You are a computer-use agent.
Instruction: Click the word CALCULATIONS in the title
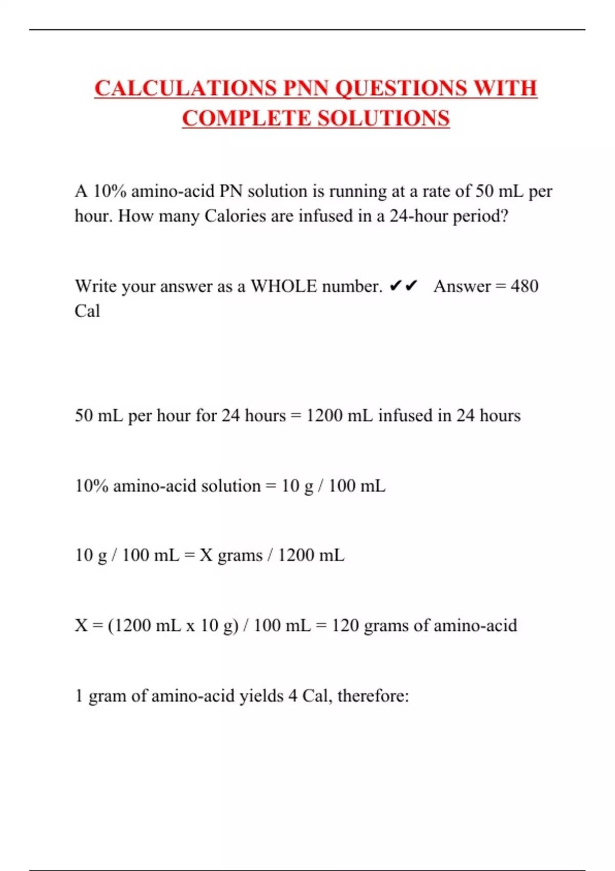click(x=186, y=88)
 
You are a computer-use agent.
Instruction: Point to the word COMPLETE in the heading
click(x=247, y=118)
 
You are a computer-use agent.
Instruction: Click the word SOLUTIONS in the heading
click(x=383, y=118)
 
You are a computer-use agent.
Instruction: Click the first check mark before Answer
click(x=395, y=286)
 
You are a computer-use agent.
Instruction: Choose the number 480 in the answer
click(x=524, y=286)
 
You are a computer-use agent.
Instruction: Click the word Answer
click(x=462, y=286)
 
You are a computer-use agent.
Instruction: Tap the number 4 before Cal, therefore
click(x=293, y=696)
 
